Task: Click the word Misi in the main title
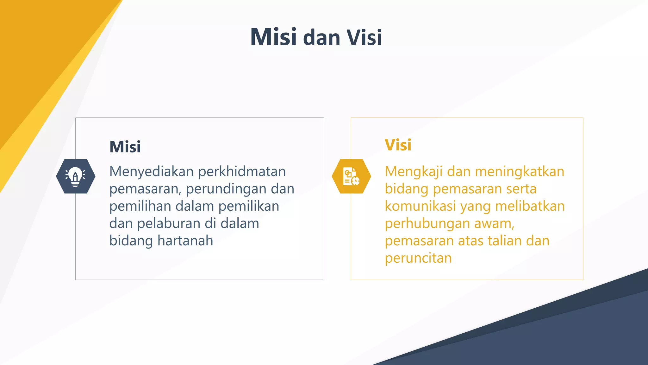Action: tap(273, 37)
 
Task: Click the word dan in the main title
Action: tap(321, 38)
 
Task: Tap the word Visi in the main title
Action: tap(364, 38)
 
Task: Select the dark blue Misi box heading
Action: tap(125, 147)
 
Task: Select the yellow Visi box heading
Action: tap(398, 145)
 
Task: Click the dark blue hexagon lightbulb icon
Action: tap(76, 176)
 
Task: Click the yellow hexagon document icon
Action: tap(351, 176)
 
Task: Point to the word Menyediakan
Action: tap(151, 172)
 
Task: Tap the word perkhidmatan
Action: tap(242, 172)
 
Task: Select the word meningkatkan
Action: tap(520, 172)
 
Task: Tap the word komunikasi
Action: tap(421, 206)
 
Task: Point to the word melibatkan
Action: tap(530, 206)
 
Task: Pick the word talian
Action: tap(504, 241)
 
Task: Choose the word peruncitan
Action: tap(418, 259)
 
